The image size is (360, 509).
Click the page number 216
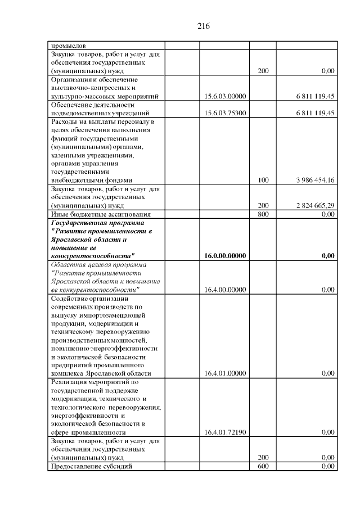[204, 26]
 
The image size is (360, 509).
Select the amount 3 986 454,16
[315, 181]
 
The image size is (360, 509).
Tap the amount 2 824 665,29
[315, 205]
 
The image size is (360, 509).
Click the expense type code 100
[263, 181]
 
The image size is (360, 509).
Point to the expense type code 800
[263, 214]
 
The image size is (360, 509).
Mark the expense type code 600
[263, 467]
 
